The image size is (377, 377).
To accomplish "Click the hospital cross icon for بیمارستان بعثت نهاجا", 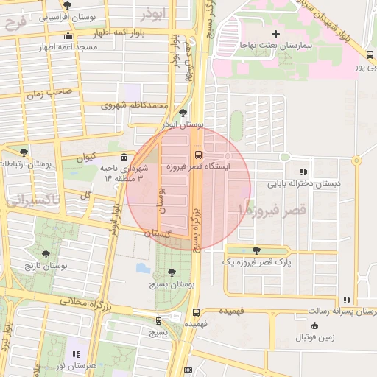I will click(276, 34).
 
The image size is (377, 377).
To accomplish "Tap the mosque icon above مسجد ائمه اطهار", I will click(68, 37).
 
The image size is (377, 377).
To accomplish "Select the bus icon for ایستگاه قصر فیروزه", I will click(198, 155).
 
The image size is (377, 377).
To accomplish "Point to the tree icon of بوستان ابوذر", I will click(183, 113).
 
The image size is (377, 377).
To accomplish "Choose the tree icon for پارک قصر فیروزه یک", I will click(256, 250).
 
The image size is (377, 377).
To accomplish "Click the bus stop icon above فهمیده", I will click(195, 312).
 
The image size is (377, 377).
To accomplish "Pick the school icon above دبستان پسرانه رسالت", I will click(346, 300).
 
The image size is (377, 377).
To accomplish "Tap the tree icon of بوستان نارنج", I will click(46, 254).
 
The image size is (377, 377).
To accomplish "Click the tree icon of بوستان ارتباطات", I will click(24, 152).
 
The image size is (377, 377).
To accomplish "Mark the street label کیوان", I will click(86, 156).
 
